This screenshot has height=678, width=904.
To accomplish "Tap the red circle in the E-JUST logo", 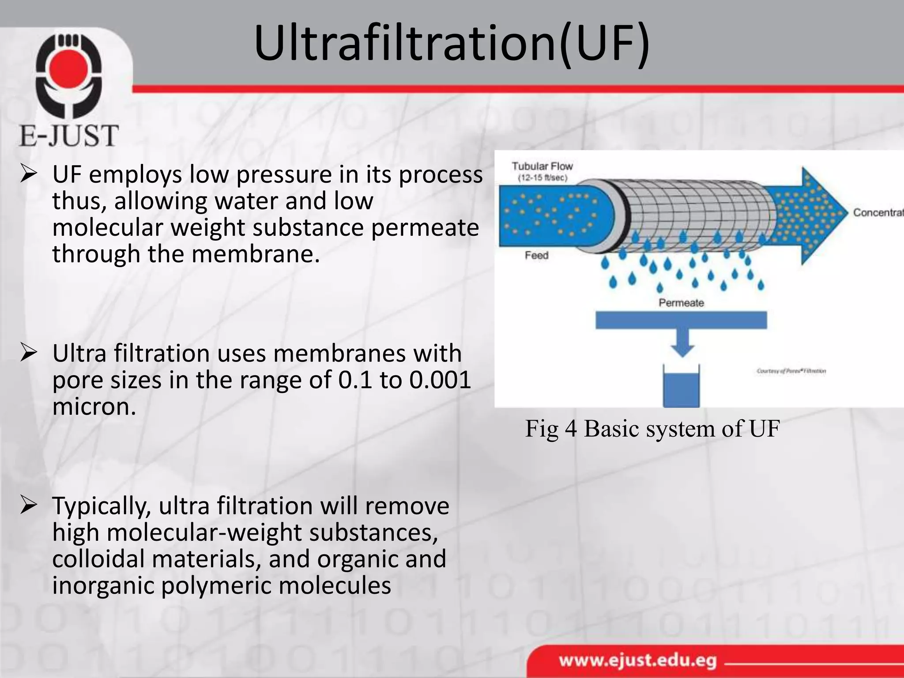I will click(x=69, y=70).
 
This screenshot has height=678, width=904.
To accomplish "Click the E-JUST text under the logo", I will click(x=69, y=136).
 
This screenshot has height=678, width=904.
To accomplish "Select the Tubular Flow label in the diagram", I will click(x=542, y=166).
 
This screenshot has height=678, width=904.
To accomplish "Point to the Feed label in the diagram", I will click(x=536, y=255).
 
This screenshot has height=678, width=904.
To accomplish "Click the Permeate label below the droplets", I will click(x=681, y=303).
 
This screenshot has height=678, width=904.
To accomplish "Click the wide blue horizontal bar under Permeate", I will click(x=681, y=320).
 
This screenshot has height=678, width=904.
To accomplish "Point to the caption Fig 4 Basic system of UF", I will click(x=652, y=429).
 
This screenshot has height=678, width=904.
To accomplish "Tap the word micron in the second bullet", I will click(x=94, y=406).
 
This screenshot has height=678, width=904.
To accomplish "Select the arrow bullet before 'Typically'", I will click(x=29, y=506).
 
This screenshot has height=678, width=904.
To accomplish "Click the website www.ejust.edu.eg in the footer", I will click(x=637, y=661).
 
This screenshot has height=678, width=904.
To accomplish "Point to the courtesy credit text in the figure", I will click(x=791, y=371).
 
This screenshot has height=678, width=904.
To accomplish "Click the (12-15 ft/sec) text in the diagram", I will click(x=542, y=178).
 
